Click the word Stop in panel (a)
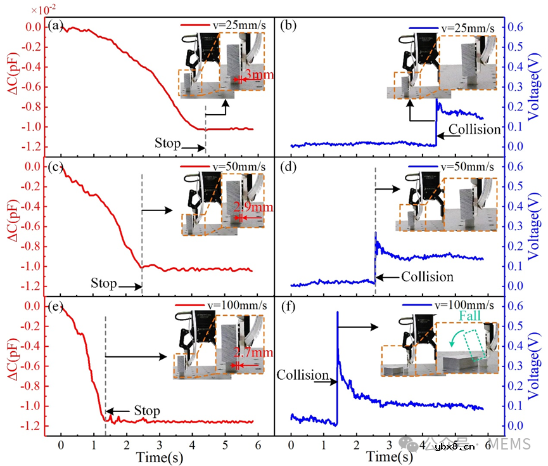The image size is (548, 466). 167,143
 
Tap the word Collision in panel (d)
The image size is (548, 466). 427,276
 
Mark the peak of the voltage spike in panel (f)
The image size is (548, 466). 338,312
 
